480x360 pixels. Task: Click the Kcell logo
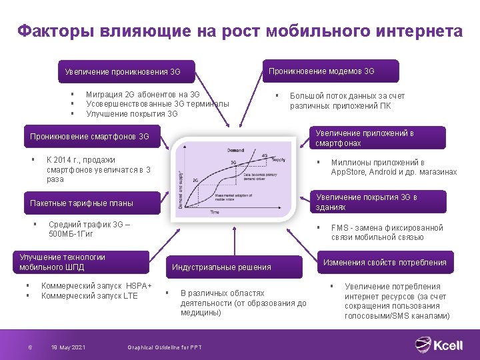click(x=439, y=345)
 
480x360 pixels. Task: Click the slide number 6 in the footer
click(x=30, y=347)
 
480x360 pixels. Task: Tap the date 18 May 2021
click(x=68, y=347)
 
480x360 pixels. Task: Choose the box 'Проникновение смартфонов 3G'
click(x=89, y=137)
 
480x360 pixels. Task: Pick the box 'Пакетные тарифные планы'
click(x=81, y=203)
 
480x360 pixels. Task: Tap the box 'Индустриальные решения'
click(x=222, y=267)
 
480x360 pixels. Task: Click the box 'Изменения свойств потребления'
click(x=385, y=263)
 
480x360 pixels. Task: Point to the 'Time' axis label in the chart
click(x=215, y=212)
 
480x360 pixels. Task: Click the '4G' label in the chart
click(x=265, y=155)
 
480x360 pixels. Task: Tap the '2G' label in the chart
click(x=195, y=180)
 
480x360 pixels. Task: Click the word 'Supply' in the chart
click(x=279, y=159)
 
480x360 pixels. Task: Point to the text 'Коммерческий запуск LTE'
click(x=89, y=295)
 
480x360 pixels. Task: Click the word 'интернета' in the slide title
click(x=419, y=31)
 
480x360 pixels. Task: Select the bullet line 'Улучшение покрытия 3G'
click(x=132, y=113)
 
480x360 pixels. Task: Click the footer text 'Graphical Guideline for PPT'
click(x=164, y=347)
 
